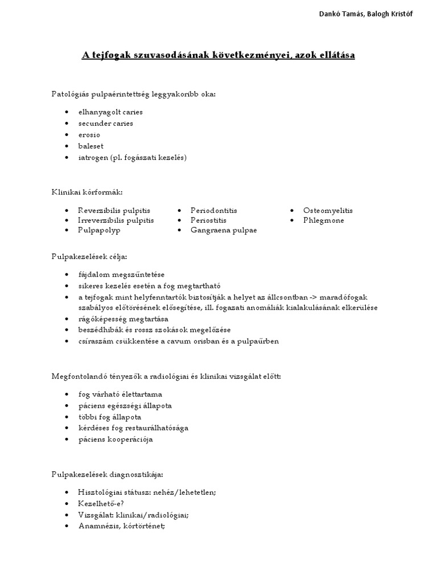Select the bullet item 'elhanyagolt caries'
coord(110,112)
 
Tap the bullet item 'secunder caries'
coord(106,124)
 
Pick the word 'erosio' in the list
coord(89,135)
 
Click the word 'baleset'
coord(91,146)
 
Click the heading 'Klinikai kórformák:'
coord(87,192)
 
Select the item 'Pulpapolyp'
coord(99,231)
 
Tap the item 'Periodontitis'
coord(213,211)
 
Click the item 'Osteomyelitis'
coord(328,211)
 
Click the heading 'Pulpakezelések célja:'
coord(89,256)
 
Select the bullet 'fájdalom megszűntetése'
coord(121,274)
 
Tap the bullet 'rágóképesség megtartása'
coord(123,319)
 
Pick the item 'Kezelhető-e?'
coord(101,504)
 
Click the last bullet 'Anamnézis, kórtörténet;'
coord(121,527)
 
